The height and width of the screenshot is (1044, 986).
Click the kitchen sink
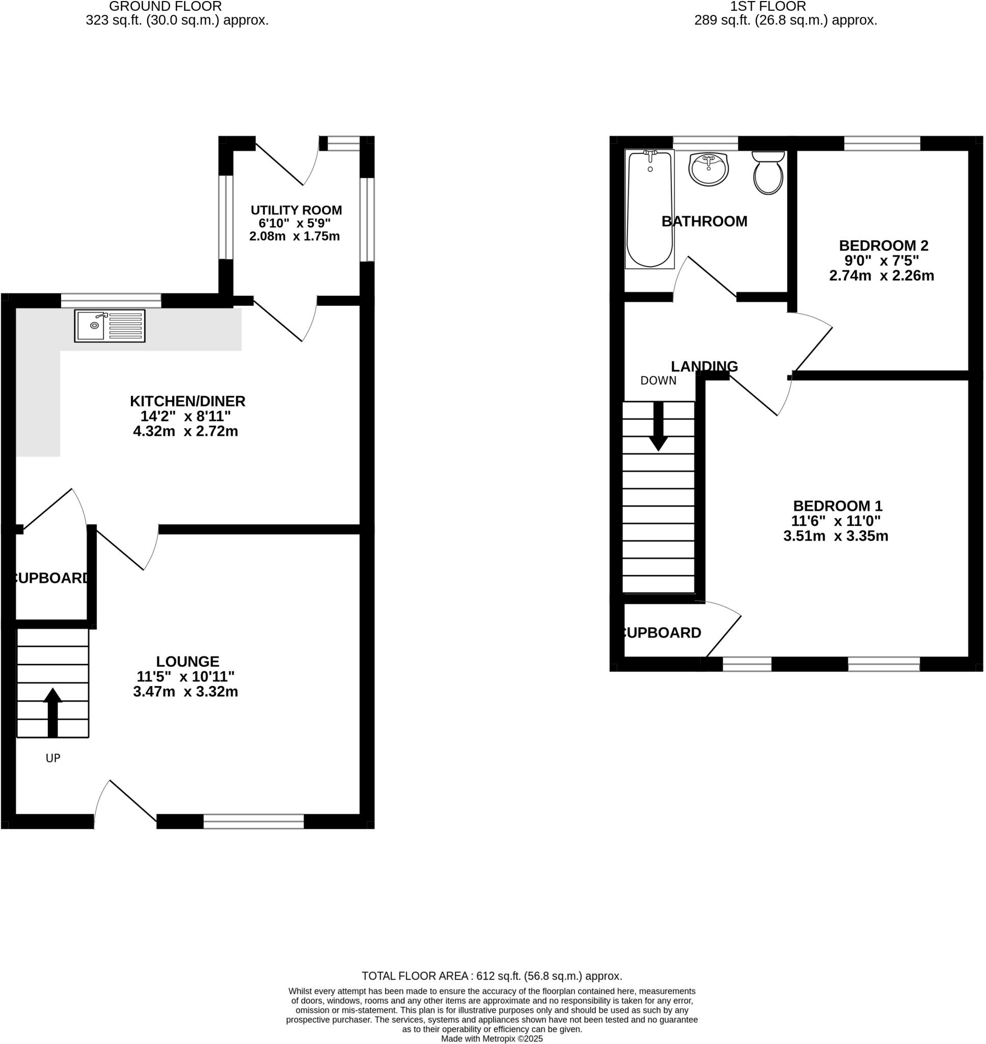pos(109,326)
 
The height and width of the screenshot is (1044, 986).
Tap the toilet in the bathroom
pos(769,173)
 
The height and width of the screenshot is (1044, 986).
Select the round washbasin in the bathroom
pos(708,169)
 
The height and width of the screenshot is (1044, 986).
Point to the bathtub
pos(650,210)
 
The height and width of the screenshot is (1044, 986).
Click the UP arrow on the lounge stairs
pos(52,712)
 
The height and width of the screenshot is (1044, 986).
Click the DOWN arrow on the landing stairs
pos(658,426)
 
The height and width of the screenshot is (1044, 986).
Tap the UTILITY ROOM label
pos(296,211)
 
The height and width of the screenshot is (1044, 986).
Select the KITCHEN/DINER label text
pos(187,401)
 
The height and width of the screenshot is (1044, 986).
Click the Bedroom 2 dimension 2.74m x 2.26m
pos(882,276)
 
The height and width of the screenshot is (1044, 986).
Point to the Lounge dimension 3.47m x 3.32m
pos(185,692)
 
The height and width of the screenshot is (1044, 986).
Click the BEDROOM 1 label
pos(837,506)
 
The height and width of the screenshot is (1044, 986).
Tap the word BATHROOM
pos(704,221)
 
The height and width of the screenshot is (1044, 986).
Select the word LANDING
pos(704,366)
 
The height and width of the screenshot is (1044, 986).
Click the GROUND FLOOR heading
pos(165,7)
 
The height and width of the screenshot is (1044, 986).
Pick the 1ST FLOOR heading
pos(768,7)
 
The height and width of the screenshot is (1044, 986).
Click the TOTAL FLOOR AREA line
pos(491,976)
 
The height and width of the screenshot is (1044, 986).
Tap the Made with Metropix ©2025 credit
pos(491,1039)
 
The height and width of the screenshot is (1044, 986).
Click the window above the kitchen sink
pos(111,301)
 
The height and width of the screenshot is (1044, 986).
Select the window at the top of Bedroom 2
pos(882,144)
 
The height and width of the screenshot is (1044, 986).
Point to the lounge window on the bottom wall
pos(253,821)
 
